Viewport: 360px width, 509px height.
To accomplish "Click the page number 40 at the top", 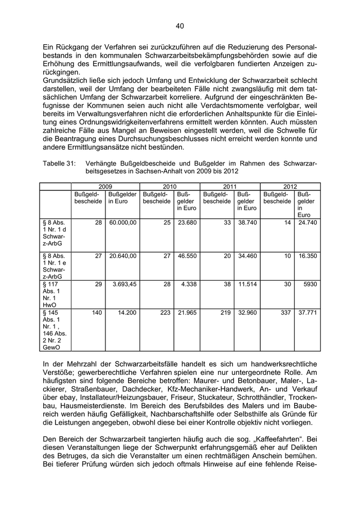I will [x=179, y=26].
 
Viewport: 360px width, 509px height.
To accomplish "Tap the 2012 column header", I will [x=290, y=187].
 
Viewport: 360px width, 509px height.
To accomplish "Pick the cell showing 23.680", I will [x=187, y=222].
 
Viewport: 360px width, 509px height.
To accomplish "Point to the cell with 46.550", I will [x=187, y=255].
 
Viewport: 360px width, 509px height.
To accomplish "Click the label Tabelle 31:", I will [x=58, y=163].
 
